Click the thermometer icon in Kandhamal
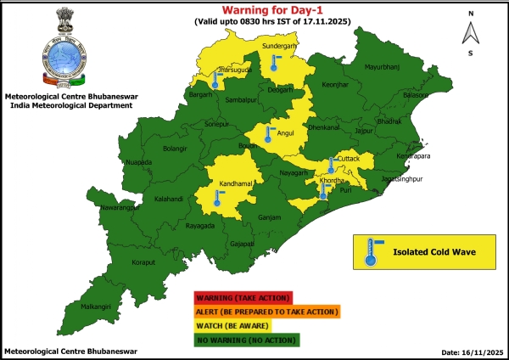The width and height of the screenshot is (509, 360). [217, 199]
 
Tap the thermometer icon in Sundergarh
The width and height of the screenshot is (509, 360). [274, 62]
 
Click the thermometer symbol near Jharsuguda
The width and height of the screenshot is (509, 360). [217, 81]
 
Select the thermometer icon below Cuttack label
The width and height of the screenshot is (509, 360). [331, 165]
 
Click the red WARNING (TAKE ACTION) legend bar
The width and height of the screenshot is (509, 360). [243, 298]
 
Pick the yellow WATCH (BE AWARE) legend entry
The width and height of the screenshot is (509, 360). [232, 326]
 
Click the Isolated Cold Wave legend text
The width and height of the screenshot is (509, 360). [433, 251]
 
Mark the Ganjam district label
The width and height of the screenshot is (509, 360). [269, 217]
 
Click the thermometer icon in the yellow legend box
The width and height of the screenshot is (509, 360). [369, 251]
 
